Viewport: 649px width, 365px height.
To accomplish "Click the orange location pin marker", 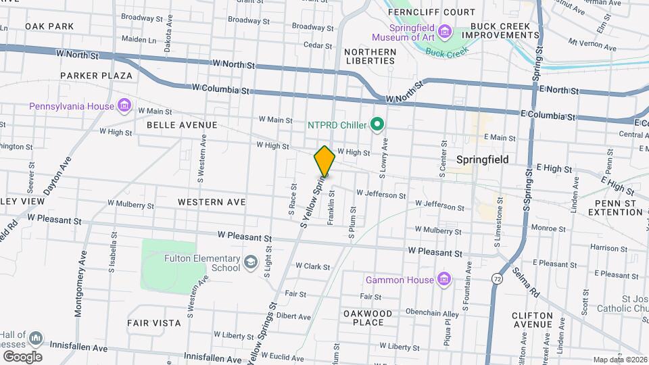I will (324, 161).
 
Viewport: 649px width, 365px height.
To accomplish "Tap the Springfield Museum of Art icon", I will (444, 31).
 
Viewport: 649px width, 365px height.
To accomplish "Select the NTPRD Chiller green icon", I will (378, 124).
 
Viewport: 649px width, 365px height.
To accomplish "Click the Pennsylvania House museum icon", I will (124, 105).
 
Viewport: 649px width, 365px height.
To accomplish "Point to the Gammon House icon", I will (444, 279).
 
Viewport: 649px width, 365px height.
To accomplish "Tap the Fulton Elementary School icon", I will (251, 262).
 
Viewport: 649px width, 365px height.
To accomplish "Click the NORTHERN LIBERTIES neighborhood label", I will (370, 57).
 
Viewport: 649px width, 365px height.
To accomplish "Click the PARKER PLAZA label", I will (95, 76).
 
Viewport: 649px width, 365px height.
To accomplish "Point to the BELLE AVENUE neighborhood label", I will (183, 125).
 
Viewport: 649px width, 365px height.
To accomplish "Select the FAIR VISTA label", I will (154, 323).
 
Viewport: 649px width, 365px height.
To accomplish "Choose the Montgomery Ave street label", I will (80, 284).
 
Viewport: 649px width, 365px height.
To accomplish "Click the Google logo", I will (22, 356).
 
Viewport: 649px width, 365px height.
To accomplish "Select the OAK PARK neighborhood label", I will (49, 26).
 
